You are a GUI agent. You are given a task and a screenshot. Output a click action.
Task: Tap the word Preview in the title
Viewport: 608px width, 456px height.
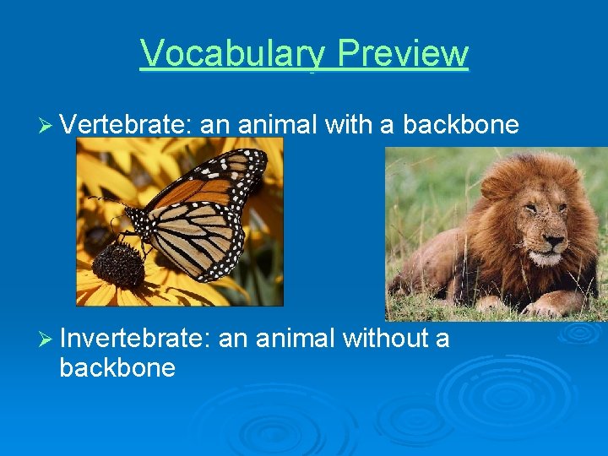402,53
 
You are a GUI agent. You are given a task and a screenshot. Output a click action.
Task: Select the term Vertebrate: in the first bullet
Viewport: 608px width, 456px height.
127,124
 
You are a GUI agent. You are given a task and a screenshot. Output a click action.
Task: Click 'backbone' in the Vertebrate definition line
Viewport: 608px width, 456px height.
460,124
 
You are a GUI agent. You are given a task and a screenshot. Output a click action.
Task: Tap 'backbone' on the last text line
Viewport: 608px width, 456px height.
117,368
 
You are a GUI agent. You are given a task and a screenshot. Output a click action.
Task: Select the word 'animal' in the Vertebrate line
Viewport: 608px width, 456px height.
276,124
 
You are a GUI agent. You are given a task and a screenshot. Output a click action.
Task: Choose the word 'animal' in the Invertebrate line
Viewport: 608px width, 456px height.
295,339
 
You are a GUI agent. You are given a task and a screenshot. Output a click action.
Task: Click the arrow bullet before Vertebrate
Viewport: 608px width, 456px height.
47,125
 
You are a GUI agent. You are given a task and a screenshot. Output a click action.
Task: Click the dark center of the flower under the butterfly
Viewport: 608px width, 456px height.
117,264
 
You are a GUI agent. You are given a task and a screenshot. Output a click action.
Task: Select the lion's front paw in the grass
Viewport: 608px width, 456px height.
553,303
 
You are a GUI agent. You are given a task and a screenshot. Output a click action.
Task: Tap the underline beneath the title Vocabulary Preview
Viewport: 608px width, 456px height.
304,71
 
